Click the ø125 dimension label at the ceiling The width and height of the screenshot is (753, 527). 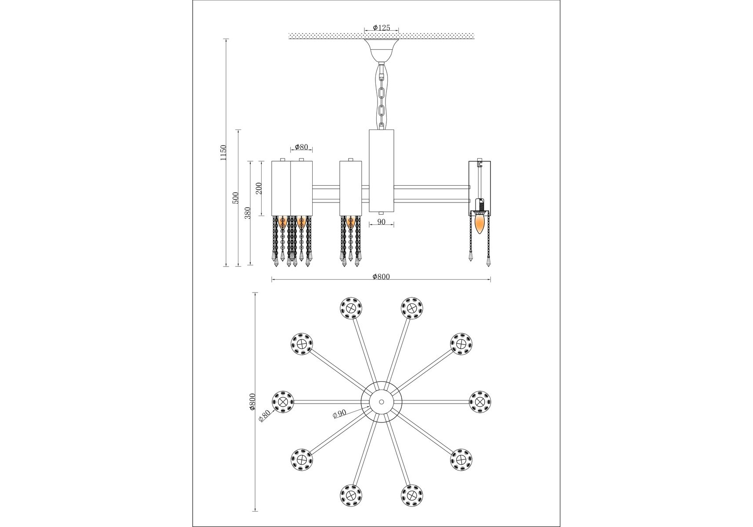pyautogui.click(x=381, y=28)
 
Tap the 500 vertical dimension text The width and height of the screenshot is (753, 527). pyautogui.click(x=235, y=198)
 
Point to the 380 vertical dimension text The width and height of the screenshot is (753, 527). pyautogui.click(x=248, y=213)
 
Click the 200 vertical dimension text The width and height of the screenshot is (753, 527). pyautogui.click(x=259, y=188)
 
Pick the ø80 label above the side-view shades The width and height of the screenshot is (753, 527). pyautogui.click(x=301, y=147)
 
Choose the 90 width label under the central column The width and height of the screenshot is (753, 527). pyautogui.click(x=381, y=222)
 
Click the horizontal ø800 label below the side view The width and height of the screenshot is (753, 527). pyautogui.click(x=381, y=277)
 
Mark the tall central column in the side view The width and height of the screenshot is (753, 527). pyautogui.click(x=381, y=171)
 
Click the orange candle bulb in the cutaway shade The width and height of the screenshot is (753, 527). pyautogui.click(x=480, y=223)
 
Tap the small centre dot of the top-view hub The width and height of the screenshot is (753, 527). pyautogui.click(x=381, y=402)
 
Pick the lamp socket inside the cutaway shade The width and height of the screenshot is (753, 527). pyautogui.click(x=480, y=205)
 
